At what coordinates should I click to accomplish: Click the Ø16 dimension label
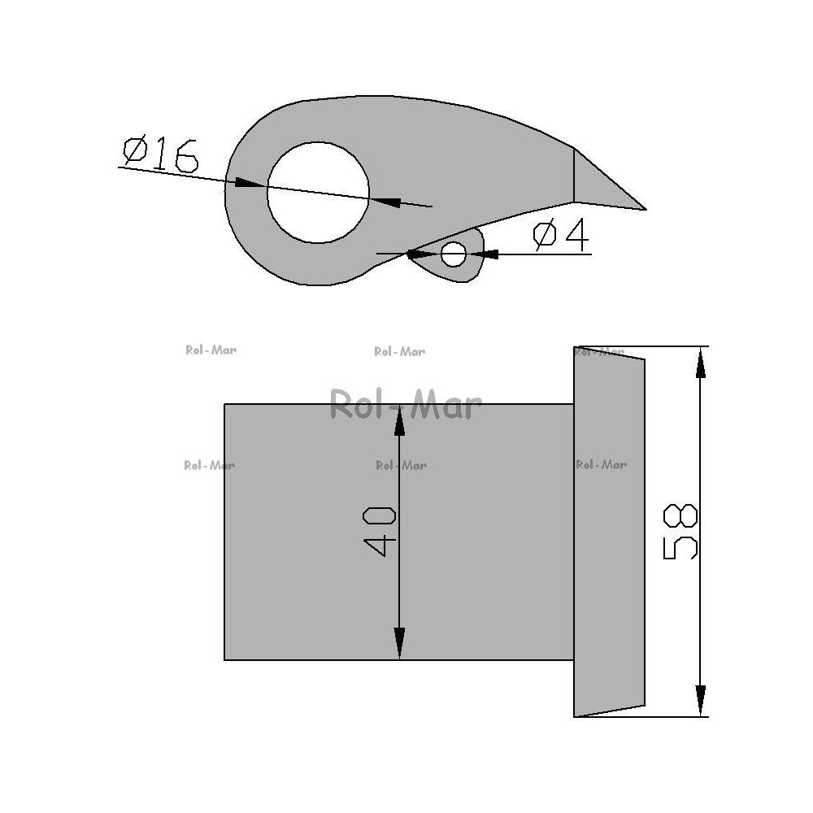[160, 154]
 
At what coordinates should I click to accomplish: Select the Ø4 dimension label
[561, 234]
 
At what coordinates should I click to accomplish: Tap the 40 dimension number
[379, 532]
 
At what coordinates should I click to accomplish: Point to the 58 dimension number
[680, 531]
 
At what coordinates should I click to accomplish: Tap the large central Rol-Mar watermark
[406, 404]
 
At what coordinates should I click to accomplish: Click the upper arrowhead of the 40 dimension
[399, 420]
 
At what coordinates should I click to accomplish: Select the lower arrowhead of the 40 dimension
[399, 643]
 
